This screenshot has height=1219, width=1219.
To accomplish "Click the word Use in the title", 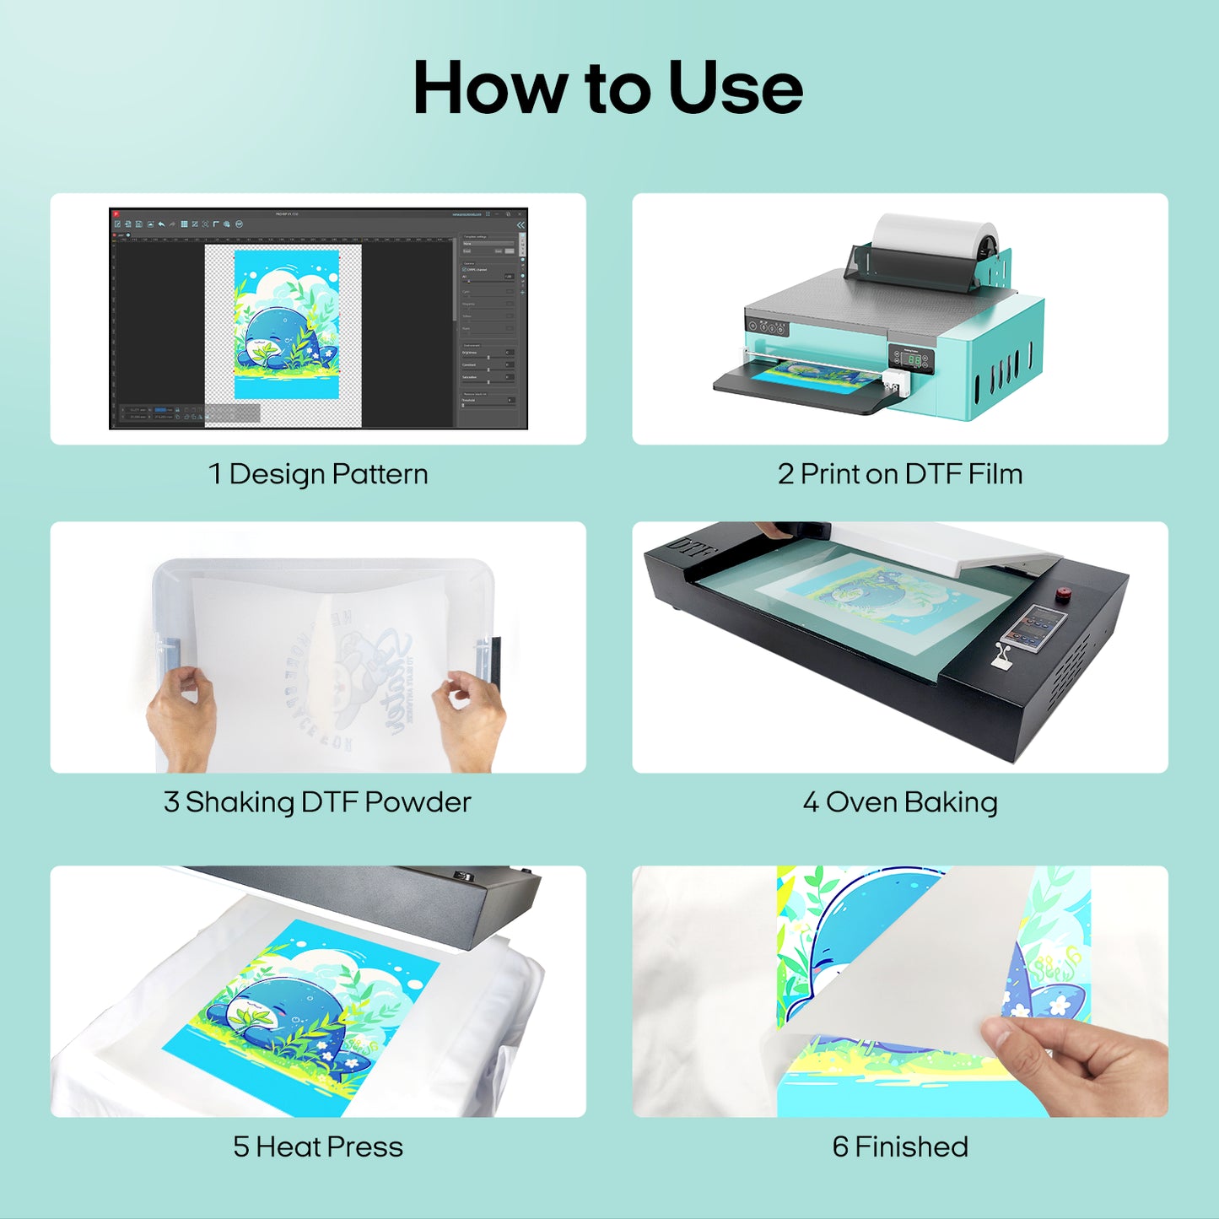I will click(x=735, y=89).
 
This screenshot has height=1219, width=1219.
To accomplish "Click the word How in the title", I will click(x=490, y=89).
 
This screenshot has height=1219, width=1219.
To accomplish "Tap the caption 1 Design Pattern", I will click(x=318, y=474).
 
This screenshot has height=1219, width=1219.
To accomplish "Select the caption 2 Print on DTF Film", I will click(x=900, y=474).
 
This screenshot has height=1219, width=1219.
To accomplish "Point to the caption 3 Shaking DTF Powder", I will click(x=317, y=802).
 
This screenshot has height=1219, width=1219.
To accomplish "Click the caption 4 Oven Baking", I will click(x=900, y=802).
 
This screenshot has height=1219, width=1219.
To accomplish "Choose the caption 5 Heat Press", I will click(x=317, y=1147).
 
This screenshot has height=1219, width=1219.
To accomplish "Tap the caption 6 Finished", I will click(x=900, y=1147).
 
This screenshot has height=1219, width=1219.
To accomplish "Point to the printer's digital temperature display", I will click(x=914, y=359).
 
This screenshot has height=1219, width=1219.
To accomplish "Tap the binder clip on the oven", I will click(x=1003, y=655).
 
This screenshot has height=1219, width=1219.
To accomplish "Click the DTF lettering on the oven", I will click(x=692, y=548).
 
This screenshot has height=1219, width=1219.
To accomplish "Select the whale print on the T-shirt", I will click(x=304, y=1012).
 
